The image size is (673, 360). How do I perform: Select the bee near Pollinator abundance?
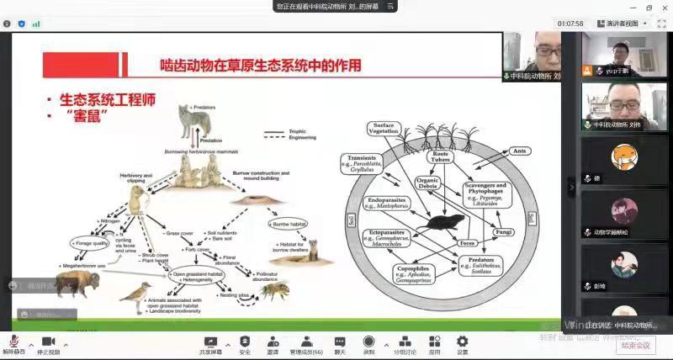tap(272, 291)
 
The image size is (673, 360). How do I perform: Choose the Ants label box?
tap(521, 151)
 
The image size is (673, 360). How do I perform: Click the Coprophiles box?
tap(413, 274)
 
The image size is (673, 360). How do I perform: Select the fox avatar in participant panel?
tap(623, 156)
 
